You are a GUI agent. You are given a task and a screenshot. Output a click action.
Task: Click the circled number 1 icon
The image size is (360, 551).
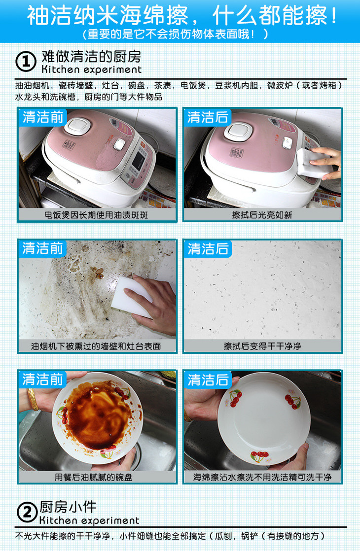pos(26,62)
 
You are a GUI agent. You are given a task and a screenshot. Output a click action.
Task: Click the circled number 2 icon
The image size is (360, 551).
pos(27,513)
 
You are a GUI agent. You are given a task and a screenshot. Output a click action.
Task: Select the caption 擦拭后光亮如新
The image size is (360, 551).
pos(262,215)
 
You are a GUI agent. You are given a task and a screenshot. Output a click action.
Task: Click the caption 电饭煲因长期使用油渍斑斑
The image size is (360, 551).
pos(96,215)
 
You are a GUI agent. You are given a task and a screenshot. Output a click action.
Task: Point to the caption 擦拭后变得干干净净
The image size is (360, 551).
pos(262,346)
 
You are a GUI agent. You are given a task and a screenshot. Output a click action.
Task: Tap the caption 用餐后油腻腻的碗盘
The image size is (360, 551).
pos(94,477)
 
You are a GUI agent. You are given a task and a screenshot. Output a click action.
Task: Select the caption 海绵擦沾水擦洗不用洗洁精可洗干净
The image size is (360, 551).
pos(262,477)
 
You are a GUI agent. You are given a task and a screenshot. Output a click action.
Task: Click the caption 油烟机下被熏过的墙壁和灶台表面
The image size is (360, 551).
pos(96,346)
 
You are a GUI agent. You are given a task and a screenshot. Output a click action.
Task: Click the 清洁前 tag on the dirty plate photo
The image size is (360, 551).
pos(42,379)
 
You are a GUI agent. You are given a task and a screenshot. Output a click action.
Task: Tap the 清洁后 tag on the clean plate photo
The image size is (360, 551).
pos(208,380)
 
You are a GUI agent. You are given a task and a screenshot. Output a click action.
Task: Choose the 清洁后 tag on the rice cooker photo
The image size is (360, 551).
pos(208,117)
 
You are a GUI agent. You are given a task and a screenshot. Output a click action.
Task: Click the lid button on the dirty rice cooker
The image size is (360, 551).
pos(77,126)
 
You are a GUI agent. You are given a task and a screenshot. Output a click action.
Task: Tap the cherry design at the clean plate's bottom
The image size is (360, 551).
pos(259,456)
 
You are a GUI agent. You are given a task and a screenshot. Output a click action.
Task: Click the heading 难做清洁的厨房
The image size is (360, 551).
pos(91,56)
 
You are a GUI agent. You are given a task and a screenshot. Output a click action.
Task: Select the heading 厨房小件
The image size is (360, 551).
pos(68,507)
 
